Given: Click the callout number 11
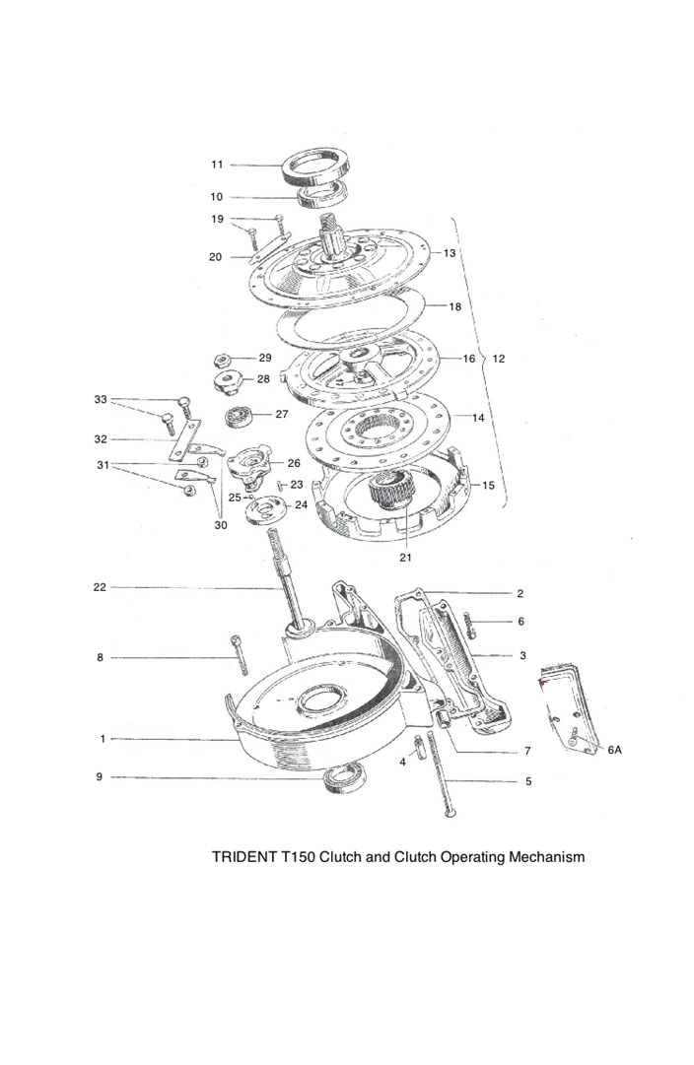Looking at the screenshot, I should [217, 164].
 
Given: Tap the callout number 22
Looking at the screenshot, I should [100, 587].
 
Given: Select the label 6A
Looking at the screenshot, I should [614, 750].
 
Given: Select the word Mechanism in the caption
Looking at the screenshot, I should [547, 856].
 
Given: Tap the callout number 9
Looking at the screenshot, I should [100, 777].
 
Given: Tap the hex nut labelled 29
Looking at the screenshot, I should [222, 359].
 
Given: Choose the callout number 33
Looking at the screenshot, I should [101, 399].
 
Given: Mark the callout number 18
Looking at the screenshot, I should [455, 306].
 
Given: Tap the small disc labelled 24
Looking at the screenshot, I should [265, 509].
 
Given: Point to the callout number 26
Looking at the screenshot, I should [294, 462].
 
